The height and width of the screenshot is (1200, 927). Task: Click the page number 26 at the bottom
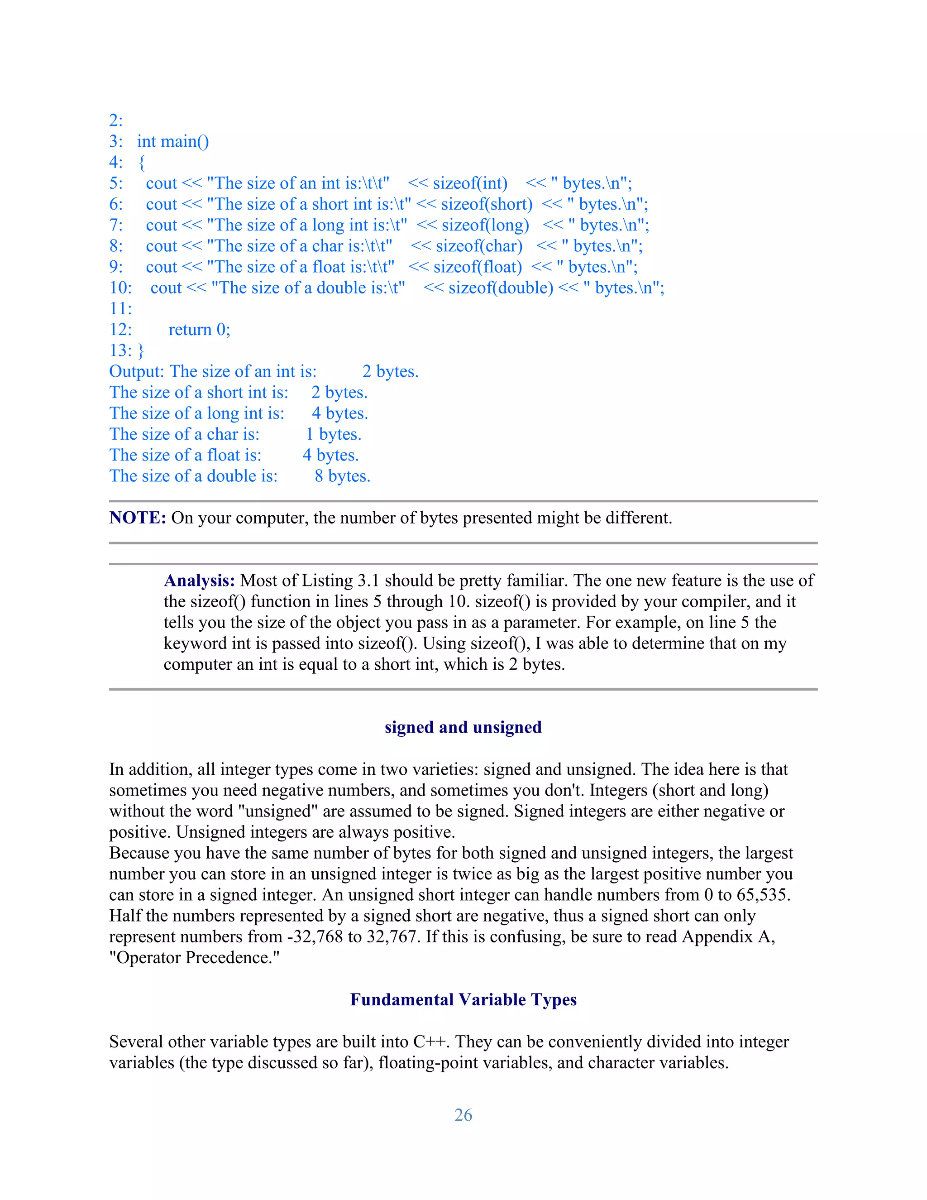[x=463, y=1115]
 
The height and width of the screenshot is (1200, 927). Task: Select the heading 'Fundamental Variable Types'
[x=463, y=999]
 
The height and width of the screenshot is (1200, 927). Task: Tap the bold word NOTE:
[x=137, y=518]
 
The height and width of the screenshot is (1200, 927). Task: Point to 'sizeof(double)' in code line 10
[x=501, y=288]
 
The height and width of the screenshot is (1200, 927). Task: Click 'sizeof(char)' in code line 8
[x=479, y=246]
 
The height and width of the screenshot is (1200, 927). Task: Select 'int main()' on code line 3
[x=173, y=142]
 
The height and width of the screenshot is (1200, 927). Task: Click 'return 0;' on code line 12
[x=199, y=330]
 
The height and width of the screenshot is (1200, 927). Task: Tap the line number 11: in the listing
[x=121, y=309]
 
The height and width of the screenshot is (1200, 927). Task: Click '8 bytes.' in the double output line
[x=343, y=476]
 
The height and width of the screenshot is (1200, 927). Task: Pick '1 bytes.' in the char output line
[x=333, y=434]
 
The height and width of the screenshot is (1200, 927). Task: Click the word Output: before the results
[x=137, y=371]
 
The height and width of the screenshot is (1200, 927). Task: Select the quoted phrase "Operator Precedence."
[x=194, y=957]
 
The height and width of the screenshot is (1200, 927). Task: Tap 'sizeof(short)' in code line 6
[x=487, y=204]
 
